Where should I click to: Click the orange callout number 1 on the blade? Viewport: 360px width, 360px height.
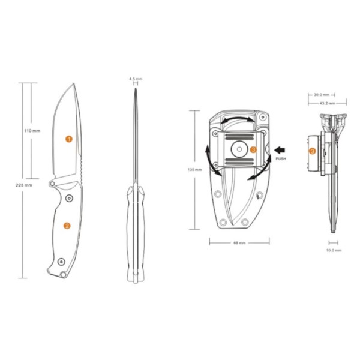(69, 139)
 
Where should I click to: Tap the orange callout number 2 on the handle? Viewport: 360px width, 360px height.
(67, 226)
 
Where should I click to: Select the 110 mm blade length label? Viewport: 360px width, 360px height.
(32, 131)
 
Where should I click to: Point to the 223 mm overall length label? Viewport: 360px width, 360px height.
(24, 185)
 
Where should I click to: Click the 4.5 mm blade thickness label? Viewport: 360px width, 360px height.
(136, 79)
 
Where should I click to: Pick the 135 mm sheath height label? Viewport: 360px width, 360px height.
(194, 170)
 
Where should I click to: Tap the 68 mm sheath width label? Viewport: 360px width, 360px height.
(239, 243)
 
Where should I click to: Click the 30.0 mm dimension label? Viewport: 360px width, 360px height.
(322, 95)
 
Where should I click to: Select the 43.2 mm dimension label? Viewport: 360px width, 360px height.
(328, 103)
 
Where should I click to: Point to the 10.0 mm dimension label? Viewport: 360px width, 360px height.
(334, 250)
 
